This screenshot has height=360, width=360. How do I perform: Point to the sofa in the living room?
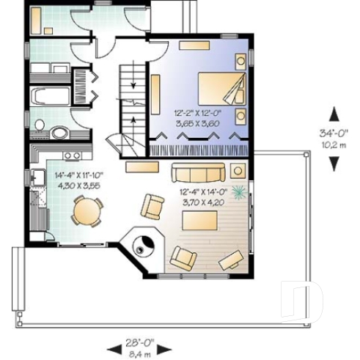pos(199,173)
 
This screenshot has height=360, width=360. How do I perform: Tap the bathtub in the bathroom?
pos(52,97)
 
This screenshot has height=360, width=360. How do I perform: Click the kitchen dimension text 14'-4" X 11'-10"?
pos(77,175)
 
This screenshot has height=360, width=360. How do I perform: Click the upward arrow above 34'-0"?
pos(334,114)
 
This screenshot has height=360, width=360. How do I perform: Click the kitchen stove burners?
pos(71,155)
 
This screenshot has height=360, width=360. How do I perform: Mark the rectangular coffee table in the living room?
pos(137,167)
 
